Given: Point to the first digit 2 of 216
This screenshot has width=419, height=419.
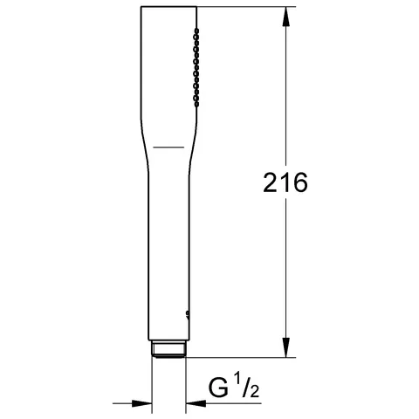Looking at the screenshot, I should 271,182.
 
